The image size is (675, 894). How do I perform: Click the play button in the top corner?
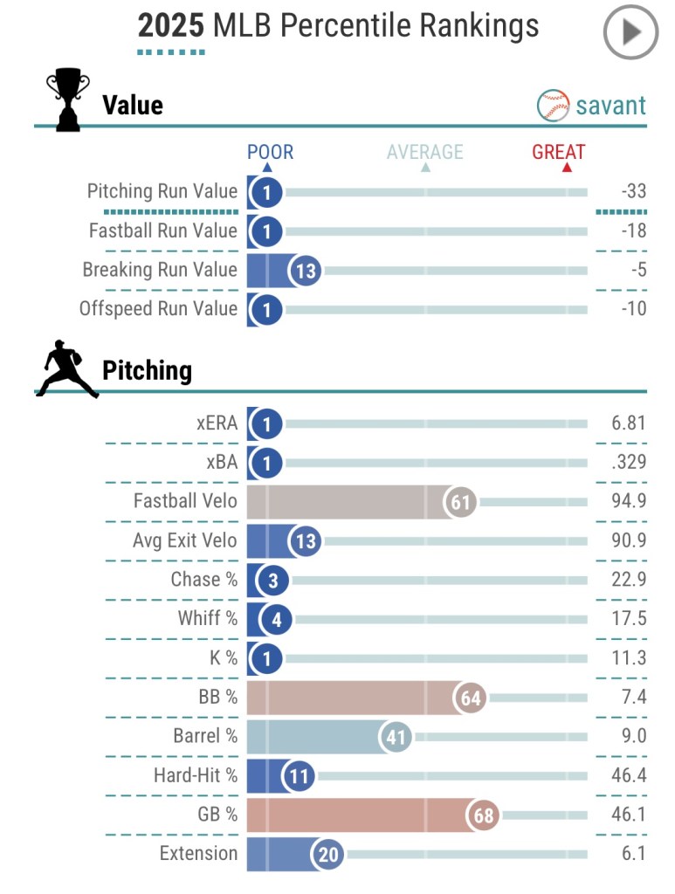pyautogui.click(x=631, y=32)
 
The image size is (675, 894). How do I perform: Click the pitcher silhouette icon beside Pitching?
pyautogui.click(x=66, y=369)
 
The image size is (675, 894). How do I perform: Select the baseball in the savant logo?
pyautogui.click(x=554, y=106)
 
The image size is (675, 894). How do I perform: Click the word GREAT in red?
pyautogui.click(x=559, y=152)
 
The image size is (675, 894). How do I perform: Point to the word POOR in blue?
pyautogui.click(x=270, y=152)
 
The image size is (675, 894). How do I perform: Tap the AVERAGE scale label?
pyautogui.click(x=424, y=152)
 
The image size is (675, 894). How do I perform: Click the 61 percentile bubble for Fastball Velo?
pyautogui.click(x=461, y=502)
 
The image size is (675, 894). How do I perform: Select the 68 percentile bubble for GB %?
pyautogui.click(x=483, y=815)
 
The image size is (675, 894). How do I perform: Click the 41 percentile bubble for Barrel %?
pyautogui.click(x=396, y=737)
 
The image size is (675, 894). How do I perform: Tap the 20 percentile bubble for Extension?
pyautogui.click(x=327, y=854)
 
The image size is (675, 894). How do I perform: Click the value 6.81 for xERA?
pyautogui.click(x=628, y=423)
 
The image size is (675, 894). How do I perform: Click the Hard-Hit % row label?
pyautogui.click(x=195, y=775)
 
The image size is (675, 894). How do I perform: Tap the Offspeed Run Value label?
pyautogui.click(x=158, y=308)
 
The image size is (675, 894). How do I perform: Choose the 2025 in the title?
pyautogui.click(x=171, y=26)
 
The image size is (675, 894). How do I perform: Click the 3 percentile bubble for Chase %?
pyautogui.click(x=266, y=581)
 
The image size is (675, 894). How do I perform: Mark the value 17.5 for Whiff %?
pyautogui.click(x=629, y=619)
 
